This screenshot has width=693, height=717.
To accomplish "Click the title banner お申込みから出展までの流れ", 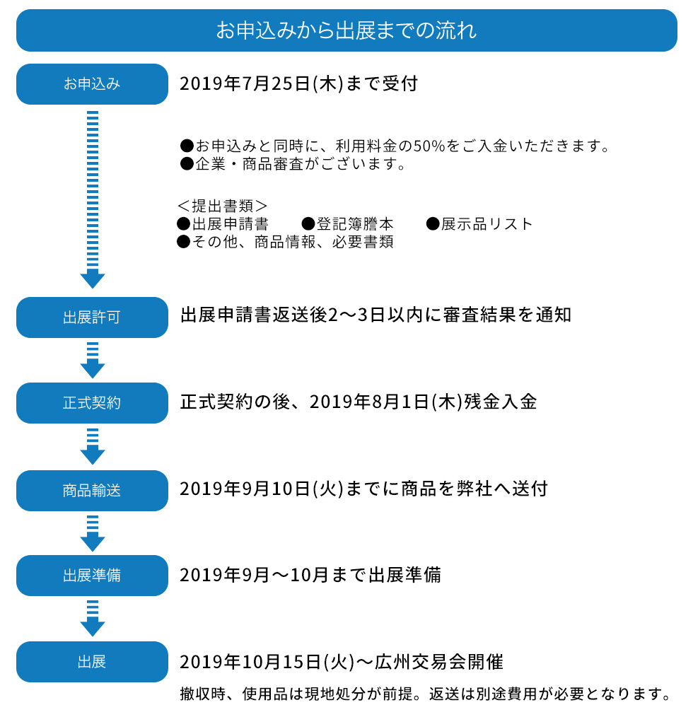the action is pos(346,30).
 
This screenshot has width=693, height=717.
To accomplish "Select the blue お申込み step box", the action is pos(92,83).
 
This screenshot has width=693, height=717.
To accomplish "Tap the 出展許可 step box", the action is pos(92,317).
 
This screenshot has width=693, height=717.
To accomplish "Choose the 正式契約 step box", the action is pos(92,403).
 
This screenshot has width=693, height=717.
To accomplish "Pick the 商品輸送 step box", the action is pos(92,491).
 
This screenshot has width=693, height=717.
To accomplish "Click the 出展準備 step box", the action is pos(92,576).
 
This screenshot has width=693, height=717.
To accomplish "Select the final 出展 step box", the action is pos(92,662).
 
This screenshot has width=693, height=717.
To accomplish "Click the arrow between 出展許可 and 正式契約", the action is pos(93,360).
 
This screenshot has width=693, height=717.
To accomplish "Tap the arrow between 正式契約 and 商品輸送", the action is pos(93,446).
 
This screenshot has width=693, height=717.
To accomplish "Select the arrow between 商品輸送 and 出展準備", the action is pos(93,533).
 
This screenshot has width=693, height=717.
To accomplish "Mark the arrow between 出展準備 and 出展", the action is pos(93,618).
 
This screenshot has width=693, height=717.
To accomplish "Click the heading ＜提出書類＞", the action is pos(222,206).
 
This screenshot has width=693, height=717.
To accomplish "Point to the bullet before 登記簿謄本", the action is pos(308,223).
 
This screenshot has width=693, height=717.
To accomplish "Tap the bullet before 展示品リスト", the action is pos(433,223).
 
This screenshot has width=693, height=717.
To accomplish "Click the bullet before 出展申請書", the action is pos(183,223).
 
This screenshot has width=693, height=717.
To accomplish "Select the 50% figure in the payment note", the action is pos(429,146).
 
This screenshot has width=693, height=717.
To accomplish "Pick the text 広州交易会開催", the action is pos(439,662).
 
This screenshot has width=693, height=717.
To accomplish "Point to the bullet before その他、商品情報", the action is pos(183,241).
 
